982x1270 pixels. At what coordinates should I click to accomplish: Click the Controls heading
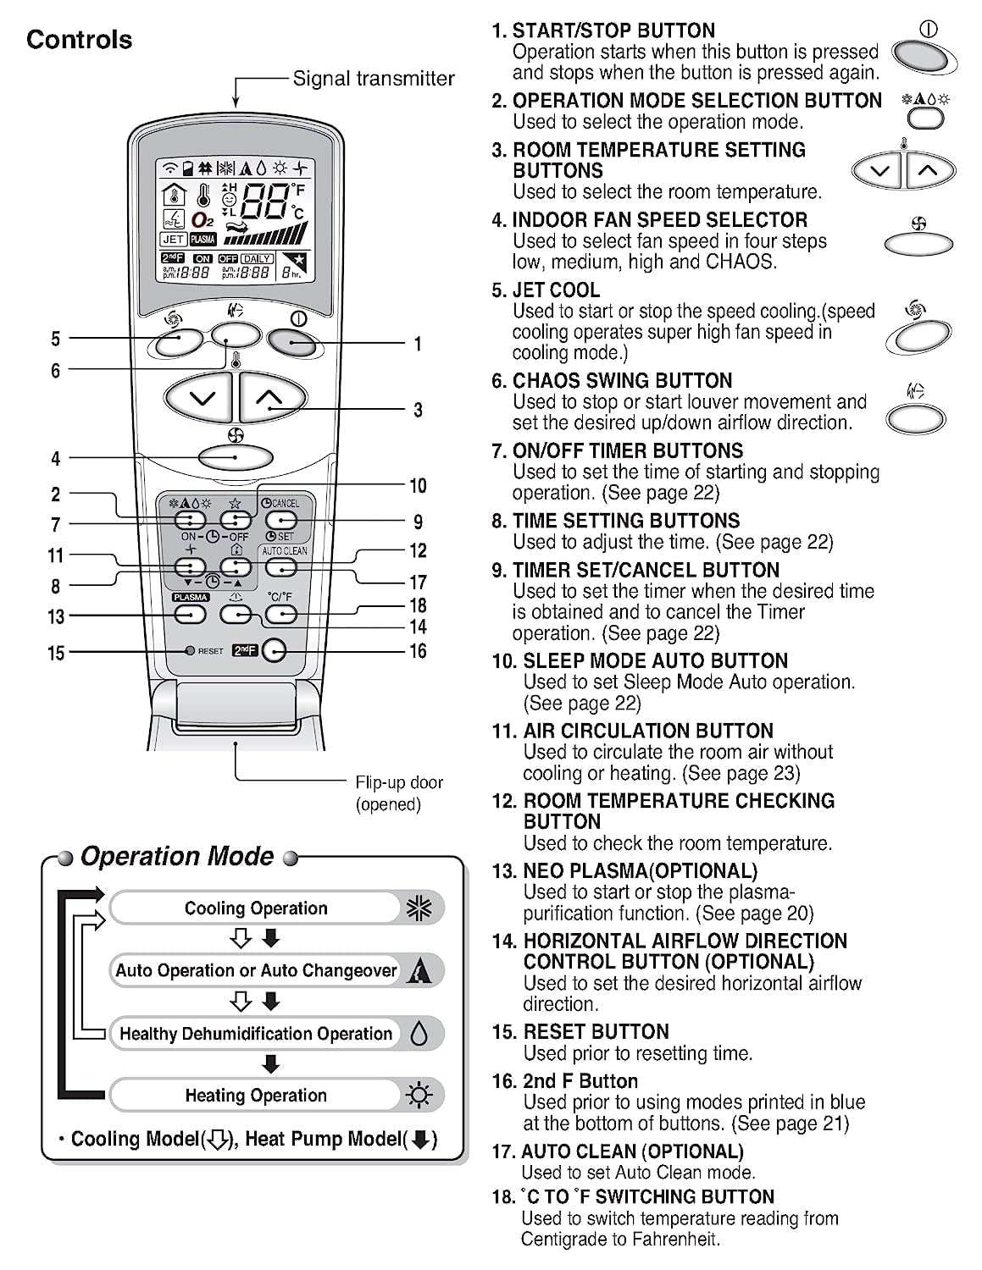point(79,40)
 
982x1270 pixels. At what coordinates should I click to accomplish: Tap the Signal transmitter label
point(373,79)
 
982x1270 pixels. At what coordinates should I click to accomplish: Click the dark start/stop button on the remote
point(292,342)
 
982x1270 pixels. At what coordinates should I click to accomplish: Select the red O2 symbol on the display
point(202,220)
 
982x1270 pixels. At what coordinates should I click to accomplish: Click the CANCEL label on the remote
point(286,503)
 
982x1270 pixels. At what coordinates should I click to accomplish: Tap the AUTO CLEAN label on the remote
point(285,550)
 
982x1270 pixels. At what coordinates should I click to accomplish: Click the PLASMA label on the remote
point(190,597)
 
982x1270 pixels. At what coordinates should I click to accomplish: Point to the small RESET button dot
point(191,651)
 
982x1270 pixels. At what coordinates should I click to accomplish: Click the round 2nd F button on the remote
point(274,650)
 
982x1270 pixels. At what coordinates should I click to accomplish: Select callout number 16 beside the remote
point(418,651)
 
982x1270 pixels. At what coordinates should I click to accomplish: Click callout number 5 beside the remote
point(56,339)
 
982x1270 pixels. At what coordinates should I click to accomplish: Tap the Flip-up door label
point(398,782)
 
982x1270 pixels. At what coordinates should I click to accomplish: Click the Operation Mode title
point(177,857)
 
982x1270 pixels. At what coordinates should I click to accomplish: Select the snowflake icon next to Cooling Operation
point(419,908)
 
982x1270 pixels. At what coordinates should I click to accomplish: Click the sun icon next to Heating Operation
point(419,1096)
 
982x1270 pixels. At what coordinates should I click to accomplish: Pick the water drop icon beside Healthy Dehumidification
point(419,1033)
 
